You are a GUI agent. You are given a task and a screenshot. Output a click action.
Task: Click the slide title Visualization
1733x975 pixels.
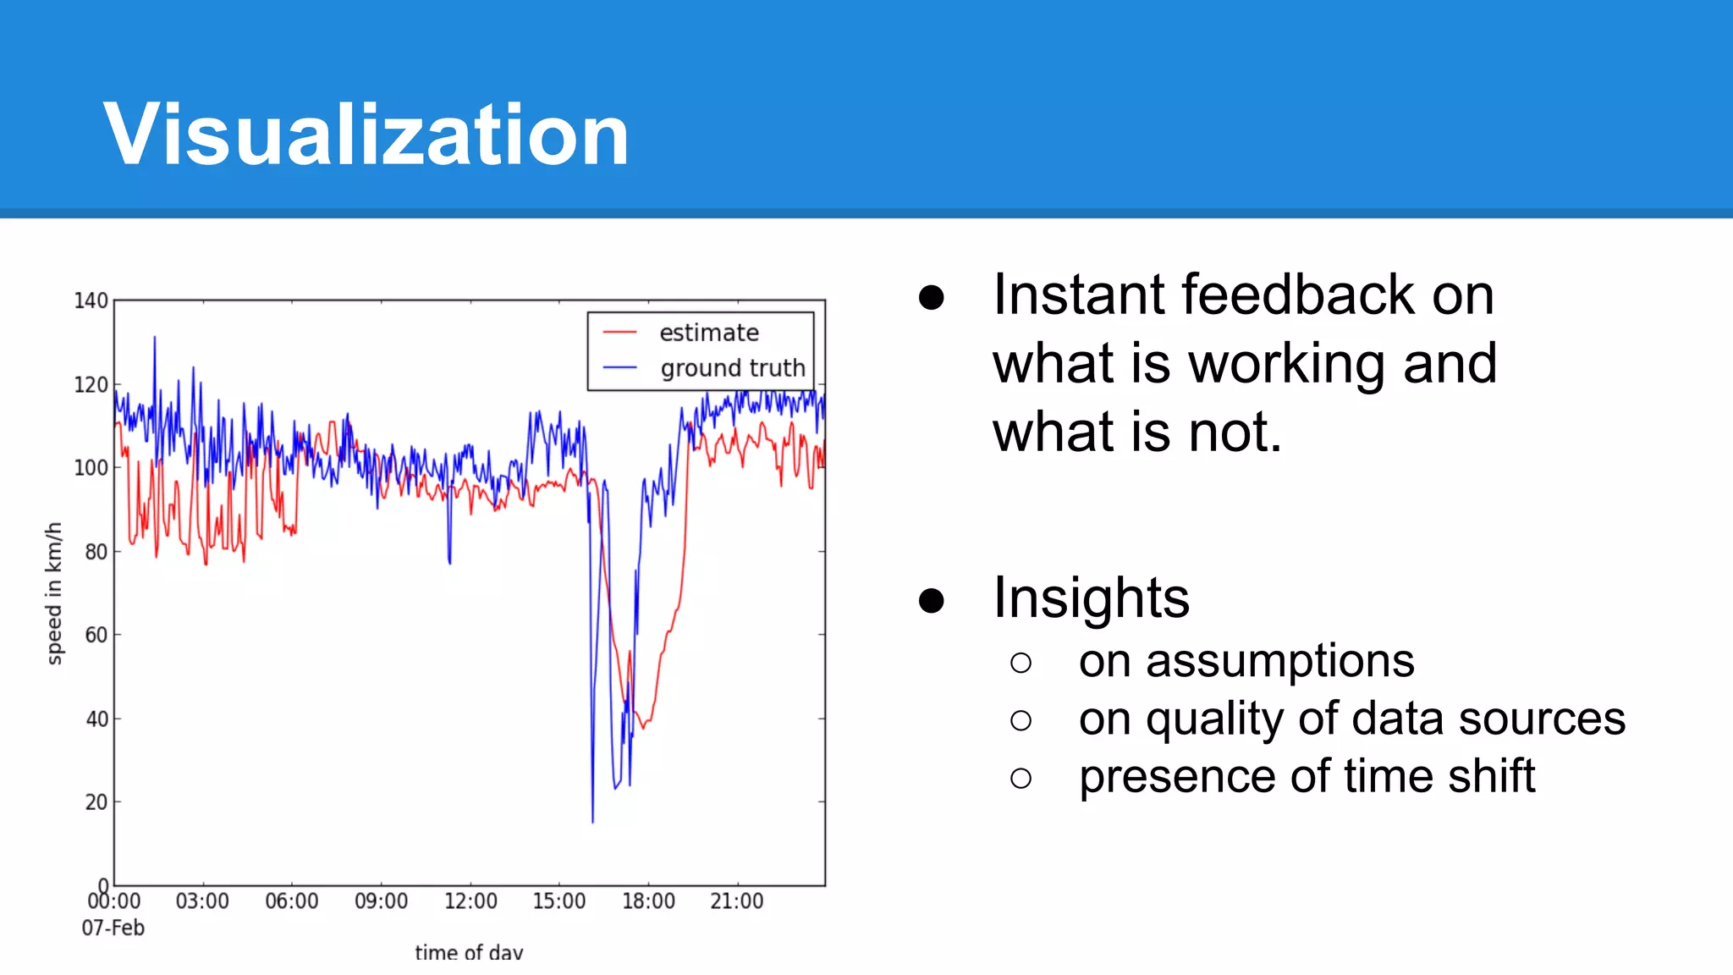[x=366, y=135]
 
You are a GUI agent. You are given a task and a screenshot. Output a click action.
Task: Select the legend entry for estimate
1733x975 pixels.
[x=708, y=333]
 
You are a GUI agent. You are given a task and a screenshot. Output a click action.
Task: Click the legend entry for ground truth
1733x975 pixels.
[x=732, y=368]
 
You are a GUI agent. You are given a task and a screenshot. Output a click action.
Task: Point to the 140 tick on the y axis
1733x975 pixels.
[x=91, y=301]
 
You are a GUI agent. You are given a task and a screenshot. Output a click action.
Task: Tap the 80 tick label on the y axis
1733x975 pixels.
[x=96, y=552]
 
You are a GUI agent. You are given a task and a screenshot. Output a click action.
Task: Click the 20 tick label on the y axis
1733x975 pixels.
[x=96, y=802]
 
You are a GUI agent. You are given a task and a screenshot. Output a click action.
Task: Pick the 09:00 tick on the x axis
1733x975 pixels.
[x=381, y=901]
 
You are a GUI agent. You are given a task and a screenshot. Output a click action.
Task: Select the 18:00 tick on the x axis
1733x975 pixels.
[x=648, y=901]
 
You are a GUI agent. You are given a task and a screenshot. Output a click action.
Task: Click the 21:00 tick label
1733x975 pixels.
[x=737, y=901]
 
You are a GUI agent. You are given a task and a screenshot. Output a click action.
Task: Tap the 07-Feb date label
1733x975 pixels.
[x=113, y=928]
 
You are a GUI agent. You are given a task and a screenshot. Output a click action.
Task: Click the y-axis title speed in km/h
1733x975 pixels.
[x=54, y=593]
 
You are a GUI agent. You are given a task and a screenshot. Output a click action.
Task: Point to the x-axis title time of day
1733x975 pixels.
[x=469, y=952]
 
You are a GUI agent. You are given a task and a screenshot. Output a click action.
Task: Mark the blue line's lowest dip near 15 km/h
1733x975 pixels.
[x=592, y=819]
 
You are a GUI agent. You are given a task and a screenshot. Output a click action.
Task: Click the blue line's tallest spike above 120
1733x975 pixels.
[x=154, y=339]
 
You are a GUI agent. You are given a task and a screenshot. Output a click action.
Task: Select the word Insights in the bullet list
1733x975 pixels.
[x=1091, y=598]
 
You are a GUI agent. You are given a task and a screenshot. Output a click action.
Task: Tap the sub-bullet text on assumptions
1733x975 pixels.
[x=1246, y=661]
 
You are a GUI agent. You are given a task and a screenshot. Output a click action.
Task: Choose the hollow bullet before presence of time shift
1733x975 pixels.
[x=1021, y=778]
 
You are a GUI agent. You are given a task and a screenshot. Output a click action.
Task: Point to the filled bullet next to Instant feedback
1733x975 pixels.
[x=931, y=297]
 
